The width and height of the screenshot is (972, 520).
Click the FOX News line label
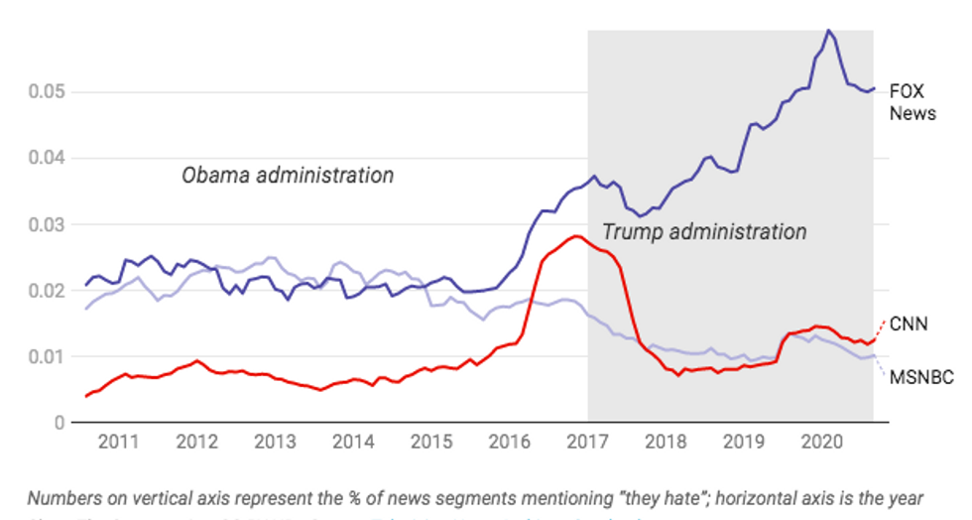coord(911,101)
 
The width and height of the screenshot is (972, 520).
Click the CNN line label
coord(910,324)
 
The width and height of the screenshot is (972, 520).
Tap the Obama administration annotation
coord(288,176)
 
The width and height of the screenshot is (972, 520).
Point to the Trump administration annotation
coord(704,232)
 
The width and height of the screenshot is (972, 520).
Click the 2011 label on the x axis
coord(117,442)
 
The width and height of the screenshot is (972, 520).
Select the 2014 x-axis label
coord(352,442)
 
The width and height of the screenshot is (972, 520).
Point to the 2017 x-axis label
coord(587,442)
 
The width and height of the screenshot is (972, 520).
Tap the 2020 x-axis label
coord(821,442)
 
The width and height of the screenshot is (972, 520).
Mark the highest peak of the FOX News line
coord(828,31)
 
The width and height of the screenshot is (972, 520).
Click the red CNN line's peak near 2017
coord(574,236)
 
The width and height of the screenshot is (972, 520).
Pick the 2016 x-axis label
coord(509,442)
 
